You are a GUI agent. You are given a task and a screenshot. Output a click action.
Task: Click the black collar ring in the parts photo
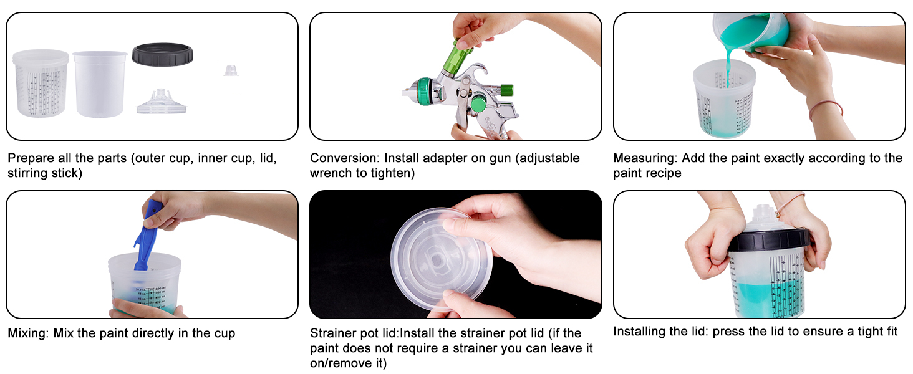[x=162, y=54]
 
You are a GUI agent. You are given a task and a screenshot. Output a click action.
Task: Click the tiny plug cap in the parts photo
[x=231, y=70]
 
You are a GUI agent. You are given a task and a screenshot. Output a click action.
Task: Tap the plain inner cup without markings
[x=99, y=84]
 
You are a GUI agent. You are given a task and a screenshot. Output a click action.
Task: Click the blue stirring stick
[x=147, y=237]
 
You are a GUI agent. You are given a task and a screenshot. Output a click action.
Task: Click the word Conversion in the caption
[x=345, y=158]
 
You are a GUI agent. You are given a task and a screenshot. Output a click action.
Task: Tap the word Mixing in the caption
[x=29, y=333]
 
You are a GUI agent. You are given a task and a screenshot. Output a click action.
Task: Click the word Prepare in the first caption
[x=31, y=158]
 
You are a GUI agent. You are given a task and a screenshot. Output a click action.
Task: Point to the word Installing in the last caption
[x=640, y=332]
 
